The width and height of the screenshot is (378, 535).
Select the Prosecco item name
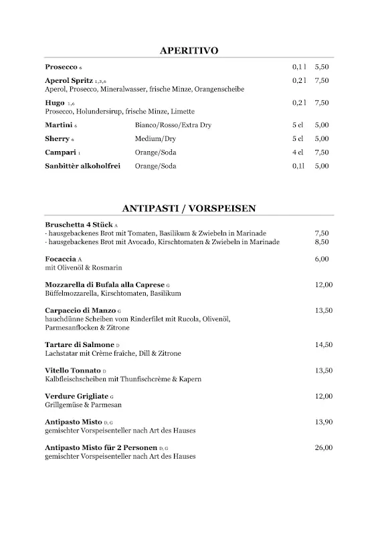pos(61,68)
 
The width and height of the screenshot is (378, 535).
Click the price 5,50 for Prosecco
pos(321,68)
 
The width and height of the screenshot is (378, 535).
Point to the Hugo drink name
pos(55,103)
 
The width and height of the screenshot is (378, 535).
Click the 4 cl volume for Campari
pos(298,152)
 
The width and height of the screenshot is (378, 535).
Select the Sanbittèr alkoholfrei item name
pos(82,165)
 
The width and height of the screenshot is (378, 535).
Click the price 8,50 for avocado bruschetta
pos(322,241)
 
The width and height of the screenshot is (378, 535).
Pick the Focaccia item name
pos(61,259)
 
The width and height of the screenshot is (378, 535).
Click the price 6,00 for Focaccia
pos(322,259)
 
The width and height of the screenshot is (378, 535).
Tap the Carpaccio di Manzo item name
pos(80,311)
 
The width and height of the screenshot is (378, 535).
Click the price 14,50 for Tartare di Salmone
pos(323,344)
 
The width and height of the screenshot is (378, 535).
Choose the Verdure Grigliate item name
pos(76,397)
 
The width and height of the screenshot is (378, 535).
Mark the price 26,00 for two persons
pos(323,448)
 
